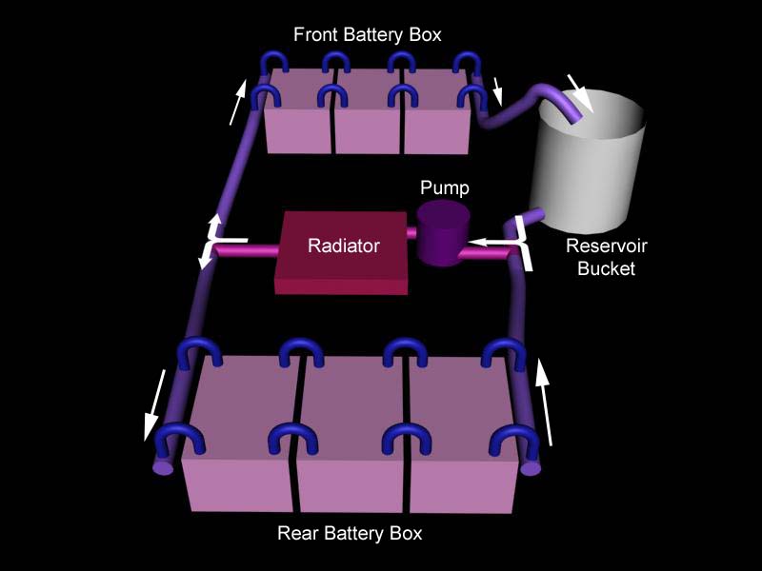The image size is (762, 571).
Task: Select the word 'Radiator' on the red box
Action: [x=343, y=246]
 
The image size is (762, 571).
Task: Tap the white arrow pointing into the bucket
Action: [x=579, y=92]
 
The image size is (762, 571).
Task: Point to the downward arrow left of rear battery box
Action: [x=154, y=404]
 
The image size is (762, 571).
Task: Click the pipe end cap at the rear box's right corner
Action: [x=531, y=467]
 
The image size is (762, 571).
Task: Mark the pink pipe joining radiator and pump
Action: [x=413, y=233]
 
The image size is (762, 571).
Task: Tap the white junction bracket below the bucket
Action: [x=522, y=238]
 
